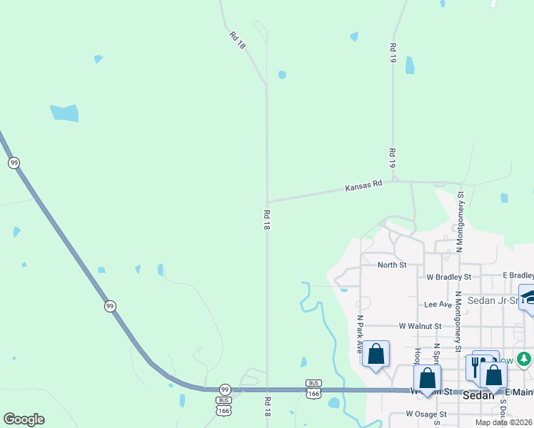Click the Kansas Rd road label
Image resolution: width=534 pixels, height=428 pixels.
364,186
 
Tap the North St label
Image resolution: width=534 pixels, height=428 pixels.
392,265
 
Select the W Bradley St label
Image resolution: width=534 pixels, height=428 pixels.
449,276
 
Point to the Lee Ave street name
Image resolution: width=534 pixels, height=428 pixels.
438,304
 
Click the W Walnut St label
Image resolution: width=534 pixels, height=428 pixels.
421,326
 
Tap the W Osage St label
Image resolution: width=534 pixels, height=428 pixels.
426,414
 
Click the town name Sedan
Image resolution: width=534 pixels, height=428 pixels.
478,395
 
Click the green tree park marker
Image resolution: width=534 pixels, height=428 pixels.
525,358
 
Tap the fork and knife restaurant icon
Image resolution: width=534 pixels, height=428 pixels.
475,365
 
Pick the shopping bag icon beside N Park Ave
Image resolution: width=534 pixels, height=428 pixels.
376,354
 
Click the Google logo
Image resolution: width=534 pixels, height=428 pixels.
24,419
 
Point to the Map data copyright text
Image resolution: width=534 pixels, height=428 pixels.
504,422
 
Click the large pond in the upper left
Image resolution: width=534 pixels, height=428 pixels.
65,113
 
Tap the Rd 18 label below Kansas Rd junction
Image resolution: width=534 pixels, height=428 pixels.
267,219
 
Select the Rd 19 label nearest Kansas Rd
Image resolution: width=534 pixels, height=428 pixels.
392,159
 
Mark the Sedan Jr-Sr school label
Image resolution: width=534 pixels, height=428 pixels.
493,300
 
